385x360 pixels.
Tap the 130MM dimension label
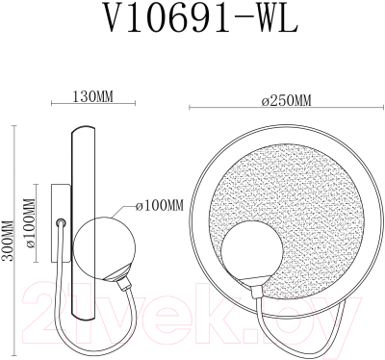pos(92,97)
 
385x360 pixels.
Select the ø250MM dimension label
pos(287,101)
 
